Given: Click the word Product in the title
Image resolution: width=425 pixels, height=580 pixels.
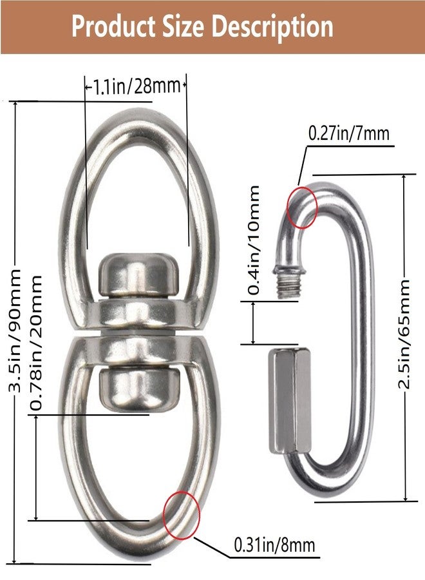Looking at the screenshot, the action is pyautogui.click(x=113, y=27).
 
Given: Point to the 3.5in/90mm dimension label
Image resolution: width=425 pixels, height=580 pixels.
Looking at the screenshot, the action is pyautogui.click(x=15, y=331).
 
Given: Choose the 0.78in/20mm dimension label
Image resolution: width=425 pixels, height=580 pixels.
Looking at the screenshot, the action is pyautogui.click(x=37, y=343).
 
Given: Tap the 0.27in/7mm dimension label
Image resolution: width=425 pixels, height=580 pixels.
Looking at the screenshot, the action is pyautogui.click(x=349, y=133).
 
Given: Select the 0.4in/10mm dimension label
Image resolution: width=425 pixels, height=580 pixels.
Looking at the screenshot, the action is pyautogui.click(x=254, y=240).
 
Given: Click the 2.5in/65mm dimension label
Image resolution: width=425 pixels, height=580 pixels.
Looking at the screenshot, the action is pyautogui.click(x=404, y=334).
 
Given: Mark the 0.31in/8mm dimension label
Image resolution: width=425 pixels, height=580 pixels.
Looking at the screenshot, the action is pyautogui.click(x=274, y=545).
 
